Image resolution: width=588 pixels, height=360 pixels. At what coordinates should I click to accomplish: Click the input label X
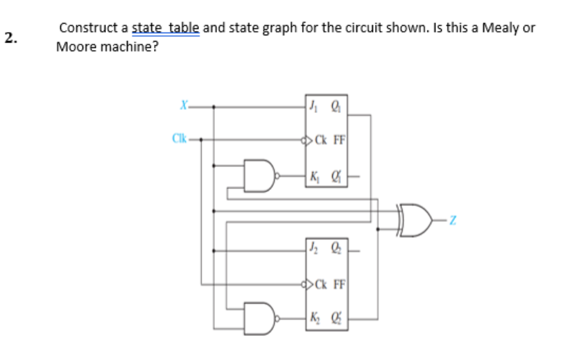click(x=182, y=106)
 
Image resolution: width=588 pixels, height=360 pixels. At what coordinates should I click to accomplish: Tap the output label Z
click(x=453, y=221)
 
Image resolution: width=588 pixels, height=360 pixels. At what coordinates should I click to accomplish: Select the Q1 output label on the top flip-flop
click(x=336, y=106)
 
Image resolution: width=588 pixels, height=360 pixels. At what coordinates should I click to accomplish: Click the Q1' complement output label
click(x=336, y=175)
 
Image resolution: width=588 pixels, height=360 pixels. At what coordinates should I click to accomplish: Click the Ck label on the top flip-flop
click(x=320, y=139)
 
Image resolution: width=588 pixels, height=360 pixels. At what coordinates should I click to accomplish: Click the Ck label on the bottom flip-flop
click(x=320, y=282)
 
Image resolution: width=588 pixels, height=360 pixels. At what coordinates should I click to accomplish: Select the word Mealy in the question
click(x=499, y=28)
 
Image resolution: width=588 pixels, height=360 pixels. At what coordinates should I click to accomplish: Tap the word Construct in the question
click(x=89, y=28)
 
